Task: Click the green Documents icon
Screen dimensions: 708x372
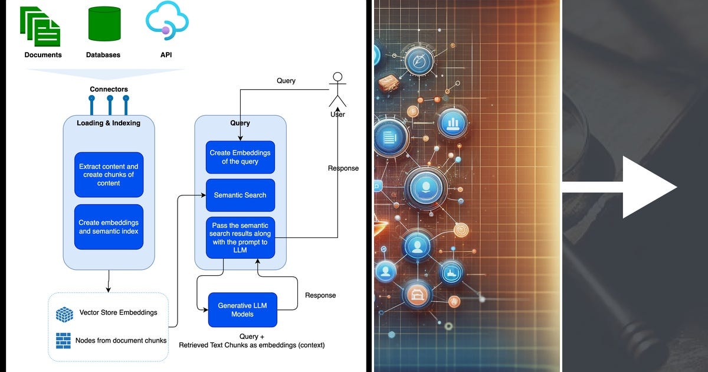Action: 40,26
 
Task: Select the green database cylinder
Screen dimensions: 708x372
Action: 104,24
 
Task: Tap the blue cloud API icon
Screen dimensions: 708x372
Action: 167,21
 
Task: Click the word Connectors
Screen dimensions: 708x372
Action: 109,89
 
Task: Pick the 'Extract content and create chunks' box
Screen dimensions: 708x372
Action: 109,175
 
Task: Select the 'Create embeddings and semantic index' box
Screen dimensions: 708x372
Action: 109,227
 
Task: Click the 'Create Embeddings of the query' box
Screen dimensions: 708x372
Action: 240,157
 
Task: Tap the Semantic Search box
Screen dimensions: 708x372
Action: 240,195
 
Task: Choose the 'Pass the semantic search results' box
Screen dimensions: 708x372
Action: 240,237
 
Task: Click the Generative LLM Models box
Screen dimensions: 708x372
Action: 242,309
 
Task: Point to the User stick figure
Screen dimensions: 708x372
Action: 337,90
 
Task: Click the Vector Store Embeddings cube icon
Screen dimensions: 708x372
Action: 64,314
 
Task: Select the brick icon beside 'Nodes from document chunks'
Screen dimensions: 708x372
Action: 63,341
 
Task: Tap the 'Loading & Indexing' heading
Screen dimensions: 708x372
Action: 109,123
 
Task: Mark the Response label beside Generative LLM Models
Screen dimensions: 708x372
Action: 320,295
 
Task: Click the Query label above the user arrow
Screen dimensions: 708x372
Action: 286,81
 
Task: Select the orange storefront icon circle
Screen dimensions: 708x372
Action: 417,295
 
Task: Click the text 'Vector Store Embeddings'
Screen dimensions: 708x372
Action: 118,312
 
